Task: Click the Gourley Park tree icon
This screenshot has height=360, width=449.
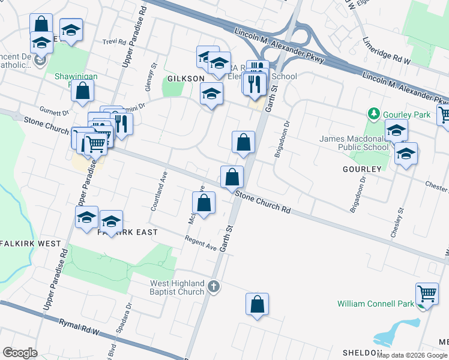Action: pyautogui.click(x=374, y=113)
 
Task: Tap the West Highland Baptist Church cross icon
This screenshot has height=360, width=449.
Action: pyautogui.click(x=214, y=287)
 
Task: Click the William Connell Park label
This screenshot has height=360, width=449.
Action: pyautogui.click(x=375, y=304)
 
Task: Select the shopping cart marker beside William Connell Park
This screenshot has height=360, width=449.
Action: pyautogui.click(x=427, y=294)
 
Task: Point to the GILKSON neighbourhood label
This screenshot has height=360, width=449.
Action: pyautogui.click(x=186, y=79)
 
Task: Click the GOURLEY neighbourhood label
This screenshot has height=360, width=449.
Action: pyautogui.click(x=362, y=169)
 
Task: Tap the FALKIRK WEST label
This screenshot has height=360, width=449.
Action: pyautogui.click(x=31, y=244)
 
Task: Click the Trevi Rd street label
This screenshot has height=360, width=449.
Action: pyautogui.click(x=113, y=42)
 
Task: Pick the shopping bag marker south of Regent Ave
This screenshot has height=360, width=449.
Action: pyautogui.click(x=257, y=304)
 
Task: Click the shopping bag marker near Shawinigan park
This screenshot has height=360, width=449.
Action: pyautogui.click(x=82, y=91)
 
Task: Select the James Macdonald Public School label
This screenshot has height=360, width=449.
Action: pyautogui.click(x=354, y=143)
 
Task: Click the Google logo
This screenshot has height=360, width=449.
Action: pyautogui.click(x=20, y=353)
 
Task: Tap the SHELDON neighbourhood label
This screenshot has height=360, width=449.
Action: pyautogui.click(x=362, y=352)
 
